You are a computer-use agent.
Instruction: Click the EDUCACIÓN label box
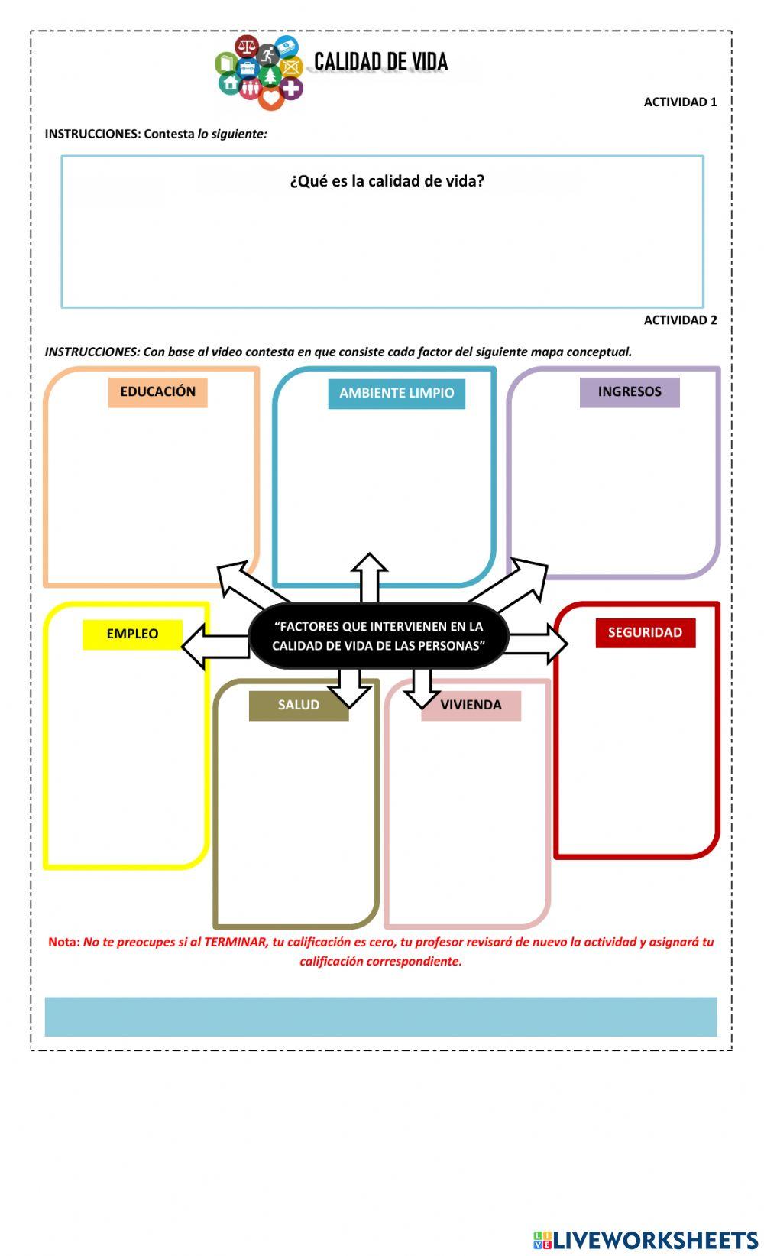tap(157, 392)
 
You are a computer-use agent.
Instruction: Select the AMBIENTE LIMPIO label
tap(397, 394)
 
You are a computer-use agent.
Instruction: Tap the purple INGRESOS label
tap(630, 392)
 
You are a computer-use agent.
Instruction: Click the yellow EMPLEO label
tap(132, 634)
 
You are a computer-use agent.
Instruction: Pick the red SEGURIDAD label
tap(646, 633)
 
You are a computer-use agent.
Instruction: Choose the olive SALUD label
tap(298, 706)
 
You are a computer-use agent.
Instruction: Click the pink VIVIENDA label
tap(471, 706)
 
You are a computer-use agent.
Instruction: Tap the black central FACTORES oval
tap(378, 636)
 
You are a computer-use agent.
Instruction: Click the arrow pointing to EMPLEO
tap(210, 646)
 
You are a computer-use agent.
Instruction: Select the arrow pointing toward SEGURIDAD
tap(539, 644)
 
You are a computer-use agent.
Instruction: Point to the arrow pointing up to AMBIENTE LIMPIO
tap(369, 577)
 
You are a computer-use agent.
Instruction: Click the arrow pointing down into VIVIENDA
tap(421, 687)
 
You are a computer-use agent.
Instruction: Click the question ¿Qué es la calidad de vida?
tap(387, 181)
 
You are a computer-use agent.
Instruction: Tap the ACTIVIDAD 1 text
tap(680, 102)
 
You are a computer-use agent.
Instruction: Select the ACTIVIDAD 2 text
tap(680, 320)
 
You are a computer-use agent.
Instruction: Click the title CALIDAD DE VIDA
tap(380, 62)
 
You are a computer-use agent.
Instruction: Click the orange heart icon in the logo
tap(270, 98)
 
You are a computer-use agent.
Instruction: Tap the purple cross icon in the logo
tap(291, 88)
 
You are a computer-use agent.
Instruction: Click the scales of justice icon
tap(246, 47)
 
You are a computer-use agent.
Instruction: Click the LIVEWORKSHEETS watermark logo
tap(646, 1239)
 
